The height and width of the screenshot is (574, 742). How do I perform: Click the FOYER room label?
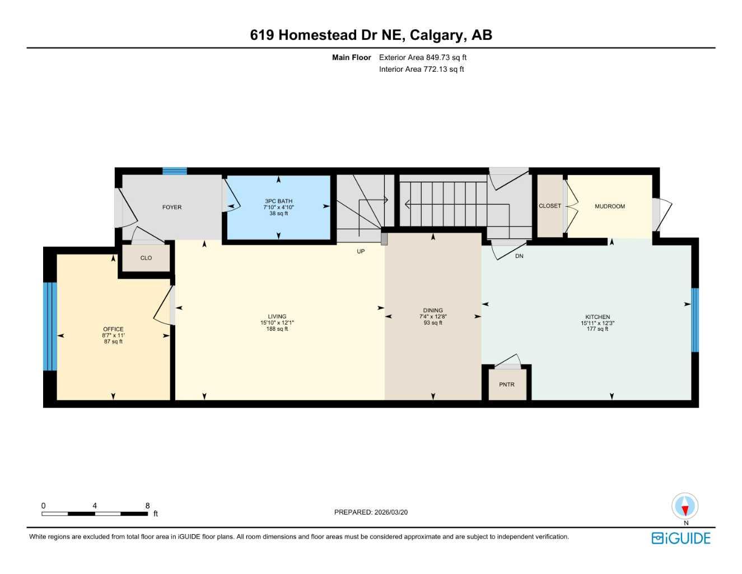click(171, 207)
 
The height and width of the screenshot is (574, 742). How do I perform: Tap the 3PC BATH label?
click(278, 201)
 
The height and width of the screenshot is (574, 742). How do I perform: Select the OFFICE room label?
click(113, 330)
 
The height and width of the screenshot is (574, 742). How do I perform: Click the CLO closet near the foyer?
click(146, 258)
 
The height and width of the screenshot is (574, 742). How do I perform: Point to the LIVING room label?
click(277, 317)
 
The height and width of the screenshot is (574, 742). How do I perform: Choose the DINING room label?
click(433, 311)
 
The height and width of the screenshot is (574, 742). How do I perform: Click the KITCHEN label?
click(598, 317)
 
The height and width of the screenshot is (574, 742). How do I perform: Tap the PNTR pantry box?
click(507, 385)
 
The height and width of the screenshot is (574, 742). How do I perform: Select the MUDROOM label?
click(609, 206)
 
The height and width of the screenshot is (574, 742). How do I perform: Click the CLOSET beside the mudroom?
click(549, 206)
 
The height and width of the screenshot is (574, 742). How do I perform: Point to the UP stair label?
click(361, 252)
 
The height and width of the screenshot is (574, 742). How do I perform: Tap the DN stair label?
click(519, 256)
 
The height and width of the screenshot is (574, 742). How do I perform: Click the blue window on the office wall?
click(50, 326)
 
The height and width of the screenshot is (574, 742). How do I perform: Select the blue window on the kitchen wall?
click(695, 320)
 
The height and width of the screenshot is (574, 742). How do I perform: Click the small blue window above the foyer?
click(174, 171)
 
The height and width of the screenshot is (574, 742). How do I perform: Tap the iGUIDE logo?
click(681, 538)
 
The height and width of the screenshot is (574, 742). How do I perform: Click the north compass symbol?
click(685, 506)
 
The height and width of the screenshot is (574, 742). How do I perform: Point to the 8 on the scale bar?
click(148, 506)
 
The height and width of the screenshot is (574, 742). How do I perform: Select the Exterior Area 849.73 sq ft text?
click(422, 57)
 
